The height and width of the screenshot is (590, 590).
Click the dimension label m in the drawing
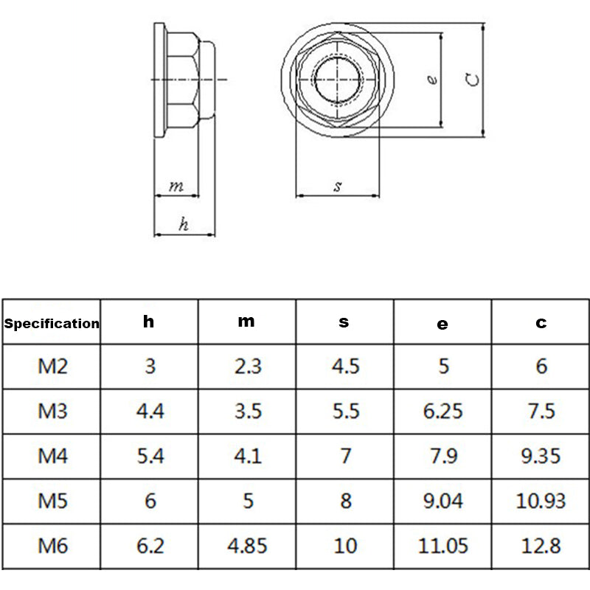pos(176,187)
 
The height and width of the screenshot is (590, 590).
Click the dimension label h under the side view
pos(184,226)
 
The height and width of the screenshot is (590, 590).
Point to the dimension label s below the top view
pos(337,187)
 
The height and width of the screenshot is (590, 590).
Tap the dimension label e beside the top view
pos(433,80)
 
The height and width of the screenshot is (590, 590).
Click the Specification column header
pos(52,323)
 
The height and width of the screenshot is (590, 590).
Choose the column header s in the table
pos(344,322)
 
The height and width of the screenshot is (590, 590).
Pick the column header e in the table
pos(442,323)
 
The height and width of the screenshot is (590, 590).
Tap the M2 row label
pos(52,366)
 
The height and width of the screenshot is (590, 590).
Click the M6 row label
pos(52,546)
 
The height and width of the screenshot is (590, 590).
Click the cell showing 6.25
pos(442,411)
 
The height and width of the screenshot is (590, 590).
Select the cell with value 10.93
pos(541,502)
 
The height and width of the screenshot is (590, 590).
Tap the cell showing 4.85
pos(247,546)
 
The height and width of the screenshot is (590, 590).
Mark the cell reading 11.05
pos(442,546)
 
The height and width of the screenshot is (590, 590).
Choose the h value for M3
pos(150,411)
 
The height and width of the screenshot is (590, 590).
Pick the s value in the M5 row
pos(345,502)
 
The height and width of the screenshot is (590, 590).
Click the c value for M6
pos(541,546)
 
